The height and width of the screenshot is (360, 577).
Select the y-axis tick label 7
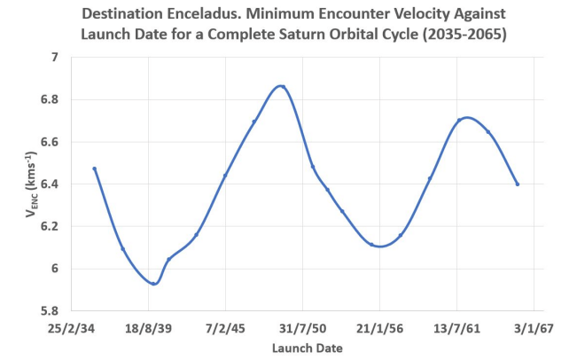53,58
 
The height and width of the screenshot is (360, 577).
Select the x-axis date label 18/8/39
147,328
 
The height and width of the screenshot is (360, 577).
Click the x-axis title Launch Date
301,348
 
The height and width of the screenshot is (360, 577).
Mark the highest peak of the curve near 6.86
281,86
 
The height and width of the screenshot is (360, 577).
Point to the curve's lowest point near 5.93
154,284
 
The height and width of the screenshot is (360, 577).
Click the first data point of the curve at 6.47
94,168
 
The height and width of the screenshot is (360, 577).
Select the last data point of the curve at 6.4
517,184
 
